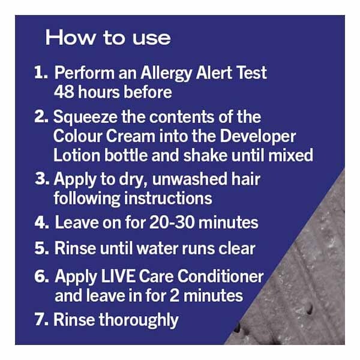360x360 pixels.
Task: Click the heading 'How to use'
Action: (x=108, y=38)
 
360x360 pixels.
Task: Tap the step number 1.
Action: (x=41, y=73)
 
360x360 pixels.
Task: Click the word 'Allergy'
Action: (x=166, y=73)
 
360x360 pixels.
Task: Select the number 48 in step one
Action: (x=64, y=92)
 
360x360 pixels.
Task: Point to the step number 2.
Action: (x=41, y=116)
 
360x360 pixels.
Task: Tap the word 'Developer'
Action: (x=258, y=137)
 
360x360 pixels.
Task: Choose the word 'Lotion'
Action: (x=77, y=155)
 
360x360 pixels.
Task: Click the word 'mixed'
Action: (x=290, y=155)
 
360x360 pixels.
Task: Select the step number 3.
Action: (x=42, y=179)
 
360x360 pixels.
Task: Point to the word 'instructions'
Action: (x=168, y=198)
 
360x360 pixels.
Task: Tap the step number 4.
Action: (x=41, y=223)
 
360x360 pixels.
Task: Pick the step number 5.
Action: (x=41, y=248)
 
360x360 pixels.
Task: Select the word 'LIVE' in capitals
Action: (x=118, y=276)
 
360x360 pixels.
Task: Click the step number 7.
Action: (x=41, y=319)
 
